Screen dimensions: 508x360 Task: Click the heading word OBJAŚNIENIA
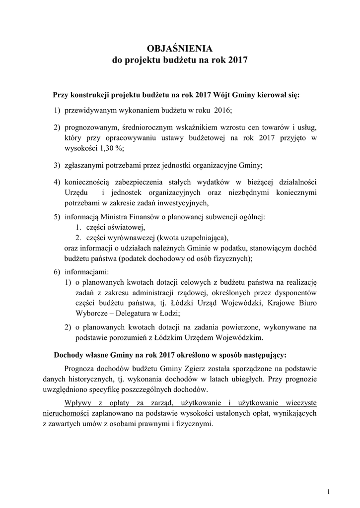click(x=180, y=48)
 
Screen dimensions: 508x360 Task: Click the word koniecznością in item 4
click(x=88, y=182)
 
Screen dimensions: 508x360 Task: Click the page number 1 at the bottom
click(x=329, y=492)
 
